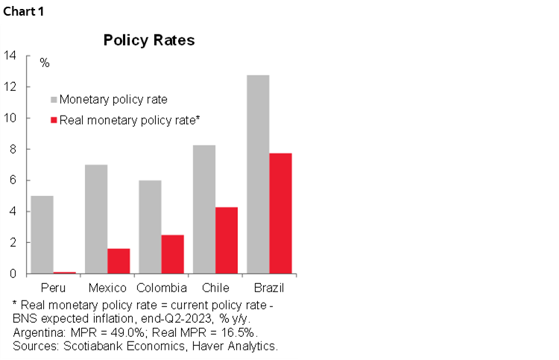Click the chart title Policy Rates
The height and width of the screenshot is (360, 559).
149,40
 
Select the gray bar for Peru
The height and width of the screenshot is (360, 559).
42,235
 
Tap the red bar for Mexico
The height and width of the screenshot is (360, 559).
119,261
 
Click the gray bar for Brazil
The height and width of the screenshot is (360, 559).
257,174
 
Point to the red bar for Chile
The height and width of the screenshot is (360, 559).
227,240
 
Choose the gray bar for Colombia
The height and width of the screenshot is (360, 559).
149,227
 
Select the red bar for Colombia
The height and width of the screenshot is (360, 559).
172,254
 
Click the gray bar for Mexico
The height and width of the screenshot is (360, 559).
95,219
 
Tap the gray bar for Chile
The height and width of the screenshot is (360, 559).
203,209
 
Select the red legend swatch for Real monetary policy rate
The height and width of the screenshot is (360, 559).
53,119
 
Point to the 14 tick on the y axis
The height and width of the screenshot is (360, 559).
10,55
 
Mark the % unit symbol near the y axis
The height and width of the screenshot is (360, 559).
45,63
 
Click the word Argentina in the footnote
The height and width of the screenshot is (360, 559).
37,332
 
